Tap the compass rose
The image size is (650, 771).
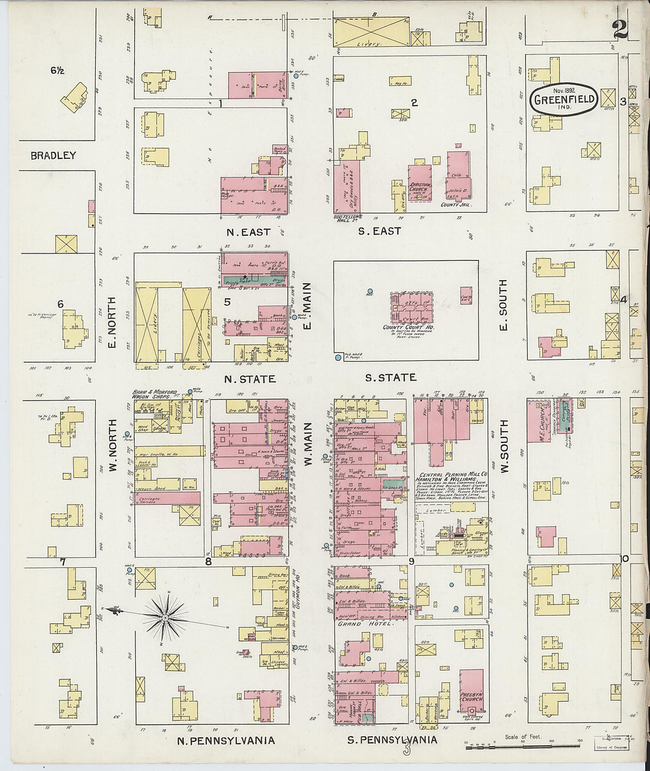165,617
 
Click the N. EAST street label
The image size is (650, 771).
248,232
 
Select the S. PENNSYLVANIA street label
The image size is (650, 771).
392,740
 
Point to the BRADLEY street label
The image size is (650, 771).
53,155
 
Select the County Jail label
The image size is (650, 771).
454,204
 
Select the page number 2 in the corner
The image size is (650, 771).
619,28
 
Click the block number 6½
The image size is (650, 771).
57,70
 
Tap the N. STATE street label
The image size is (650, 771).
249,379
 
